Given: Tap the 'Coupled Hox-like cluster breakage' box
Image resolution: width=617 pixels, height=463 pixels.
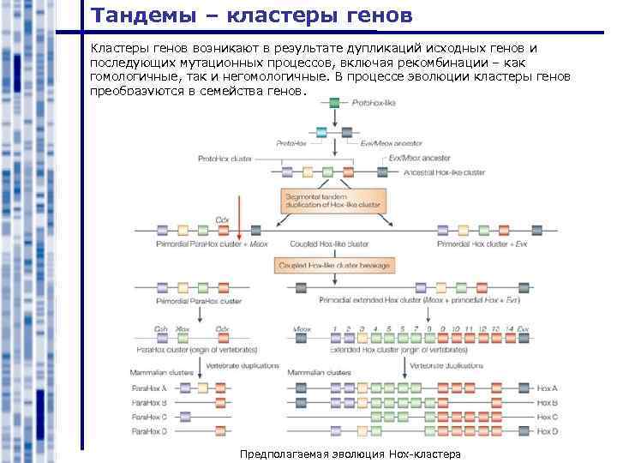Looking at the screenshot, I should [333, 266].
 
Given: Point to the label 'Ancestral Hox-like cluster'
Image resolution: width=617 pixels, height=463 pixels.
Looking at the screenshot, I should [443, 172].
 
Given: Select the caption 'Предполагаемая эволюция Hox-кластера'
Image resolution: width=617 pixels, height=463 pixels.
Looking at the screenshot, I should [350, 454].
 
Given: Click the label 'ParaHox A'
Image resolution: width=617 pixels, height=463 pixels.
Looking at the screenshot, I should [148, 388].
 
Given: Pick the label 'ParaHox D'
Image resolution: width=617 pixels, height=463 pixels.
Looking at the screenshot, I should [148, 430].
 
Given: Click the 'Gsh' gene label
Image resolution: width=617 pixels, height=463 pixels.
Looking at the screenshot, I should [161, 328].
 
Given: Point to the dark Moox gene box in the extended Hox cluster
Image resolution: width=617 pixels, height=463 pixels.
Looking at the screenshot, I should [303, 341].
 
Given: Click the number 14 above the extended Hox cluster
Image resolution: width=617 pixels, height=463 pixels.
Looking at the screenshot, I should [511, 328].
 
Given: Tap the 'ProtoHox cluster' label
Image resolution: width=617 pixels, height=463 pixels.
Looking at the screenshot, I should [225, 159].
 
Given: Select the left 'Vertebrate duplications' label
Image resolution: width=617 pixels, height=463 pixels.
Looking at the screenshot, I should [242, 364].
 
